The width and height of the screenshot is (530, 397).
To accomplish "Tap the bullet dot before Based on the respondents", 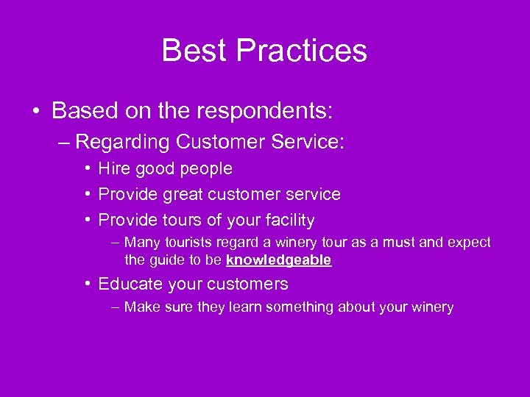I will [35, 112].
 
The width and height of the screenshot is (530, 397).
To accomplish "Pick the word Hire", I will [113, 169].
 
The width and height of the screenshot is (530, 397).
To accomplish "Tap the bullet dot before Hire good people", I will [87, 169].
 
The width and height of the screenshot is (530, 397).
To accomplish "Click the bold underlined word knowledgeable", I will [279, 260].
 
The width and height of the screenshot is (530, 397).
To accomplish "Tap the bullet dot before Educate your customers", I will [87, 284].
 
